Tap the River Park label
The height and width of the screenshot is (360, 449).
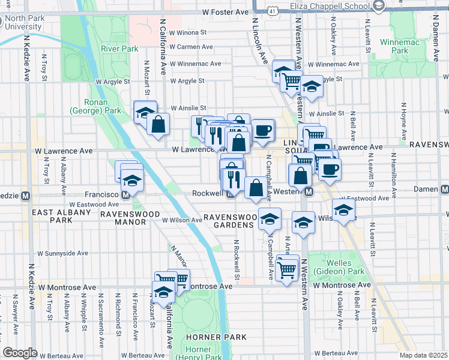tap(119, 49)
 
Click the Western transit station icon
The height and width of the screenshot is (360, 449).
tap(309, 191)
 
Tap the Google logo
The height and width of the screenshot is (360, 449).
tap(20, 353)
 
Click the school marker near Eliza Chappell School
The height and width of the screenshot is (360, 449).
tap(379, 7)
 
